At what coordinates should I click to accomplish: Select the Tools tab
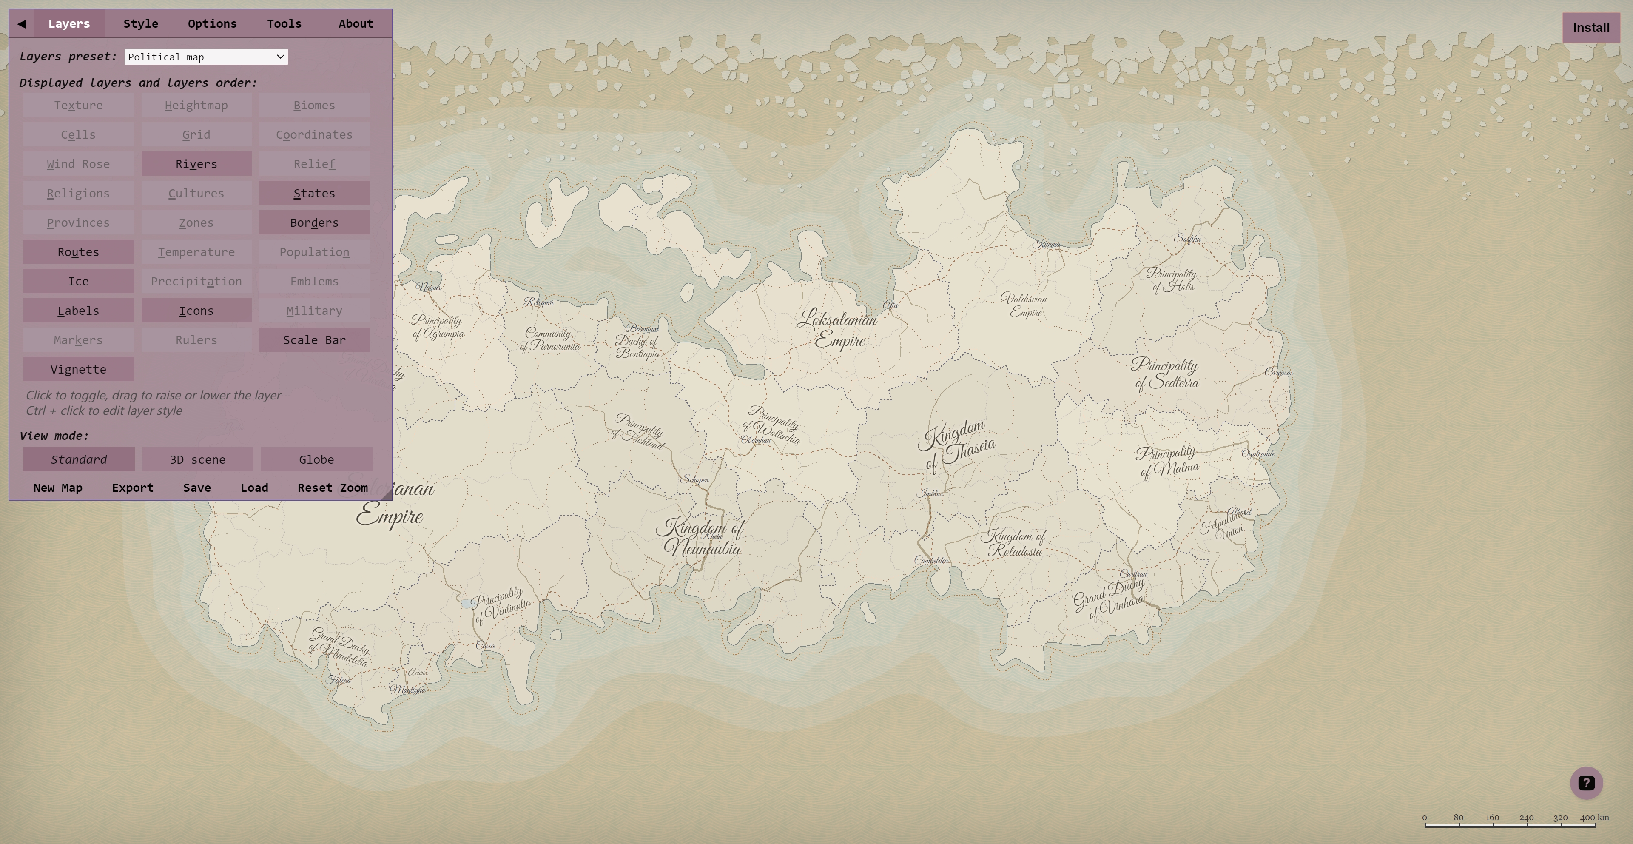pos(283,23)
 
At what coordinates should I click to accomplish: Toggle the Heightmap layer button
pos(196,105)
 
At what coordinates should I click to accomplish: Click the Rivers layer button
pos(196,164)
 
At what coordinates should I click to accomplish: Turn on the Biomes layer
pos(314,105)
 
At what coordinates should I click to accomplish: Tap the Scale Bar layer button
pos(314,340)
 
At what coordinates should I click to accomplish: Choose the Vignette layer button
pos(78,369)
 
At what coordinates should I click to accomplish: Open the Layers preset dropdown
pos(205,57)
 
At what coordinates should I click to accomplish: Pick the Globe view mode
pos(316,459)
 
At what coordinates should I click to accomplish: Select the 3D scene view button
pos(197,459)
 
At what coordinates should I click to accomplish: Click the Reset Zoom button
pos(332,488)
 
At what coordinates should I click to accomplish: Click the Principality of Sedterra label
pos(1165,374)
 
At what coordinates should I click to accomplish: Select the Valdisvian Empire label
pos(1024,305)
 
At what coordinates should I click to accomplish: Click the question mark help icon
pos(1586,783)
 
